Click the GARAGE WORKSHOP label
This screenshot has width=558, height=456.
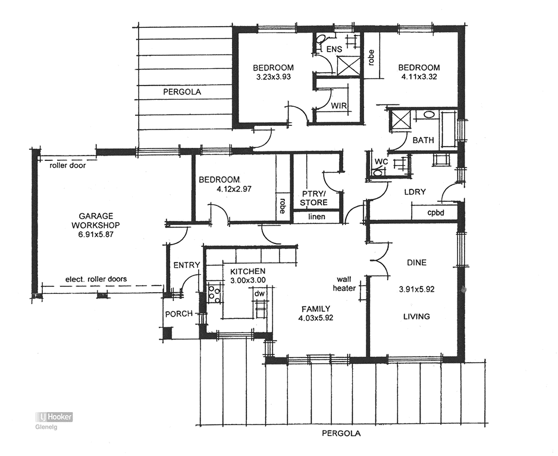tap(96, 220)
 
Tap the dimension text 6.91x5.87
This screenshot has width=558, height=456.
tap(96, 235)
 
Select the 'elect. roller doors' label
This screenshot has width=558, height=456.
tap(96, 278)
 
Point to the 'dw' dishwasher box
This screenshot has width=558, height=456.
tap(259, 293)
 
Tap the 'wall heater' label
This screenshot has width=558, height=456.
tap(346, 283)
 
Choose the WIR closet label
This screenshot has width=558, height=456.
tap(339, 106)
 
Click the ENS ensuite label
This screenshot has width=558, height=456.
tap(334, 49)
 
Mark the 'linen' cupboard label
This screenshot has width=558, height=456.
tap(316, 217)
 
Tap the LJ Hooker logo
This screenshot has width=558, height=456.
tap(54, 417)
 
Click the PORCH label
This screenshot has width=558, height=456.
tap(178, 313)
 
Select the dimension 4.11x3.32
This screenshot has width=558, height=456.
tap(419, 77)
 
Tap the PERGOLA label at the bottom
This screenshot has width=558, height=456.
tap(341, 433)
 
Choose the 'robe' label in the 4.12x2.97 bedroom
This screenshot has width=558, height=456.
tap(282, 205)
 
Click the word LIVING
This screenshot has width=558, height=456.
tap(416, 316)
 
